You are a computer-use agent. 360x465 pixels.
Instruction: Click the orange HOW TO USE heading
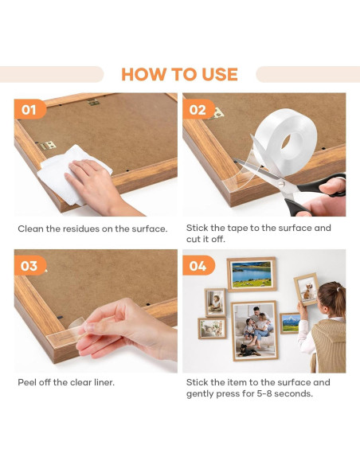point(179,74)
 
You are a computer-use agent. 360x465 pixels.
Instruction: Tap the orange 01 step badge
point(30,109)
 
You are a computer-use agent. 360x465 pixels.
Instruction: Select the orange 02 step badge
point(198,109)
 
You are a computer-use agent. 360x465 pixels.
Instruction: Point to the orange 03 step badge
point(30,265)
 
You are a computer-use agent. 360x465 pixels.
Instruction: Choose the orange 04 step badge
point(198,265)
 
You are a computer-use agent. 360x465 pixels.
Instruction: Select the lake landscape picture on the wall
point(252,274)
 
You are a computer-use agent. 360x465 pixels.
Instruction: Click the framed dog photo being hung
point(307,289)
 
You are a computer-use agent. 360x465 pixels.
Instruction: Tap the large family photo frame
point(254,330)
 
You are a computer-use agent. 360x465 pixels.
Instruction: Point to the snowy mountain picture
point(290,323)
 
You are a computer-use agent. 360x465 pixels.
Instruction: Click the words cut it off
point(205,239)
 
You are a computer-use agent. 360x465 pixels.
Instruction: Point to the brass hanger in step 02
point(217,114)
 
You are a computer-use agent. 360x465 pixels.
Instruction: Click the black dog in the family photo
point(248,350)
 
